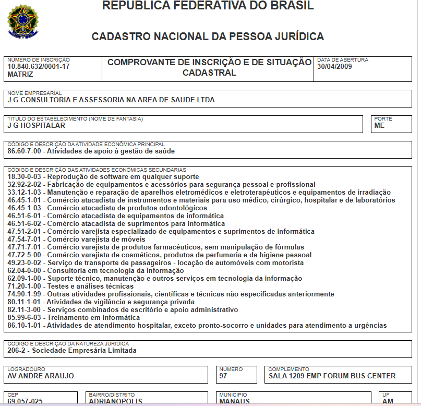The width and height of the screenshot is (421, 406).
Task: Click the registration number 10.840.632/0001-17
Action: [39, 67]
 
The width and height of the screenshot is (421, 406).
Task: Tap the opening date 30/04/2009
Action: [335, 67]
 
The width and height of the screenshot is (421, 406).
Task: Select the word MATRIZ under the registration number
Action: [20, 75]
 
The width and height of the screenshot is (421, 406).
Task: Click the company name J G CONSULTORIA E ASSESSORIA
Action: [111, 100]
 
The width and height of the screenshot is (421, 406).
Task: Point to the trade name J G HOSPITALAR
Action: [37, 126]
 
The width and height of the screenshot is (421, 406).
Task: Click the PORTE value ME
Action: [379, 126]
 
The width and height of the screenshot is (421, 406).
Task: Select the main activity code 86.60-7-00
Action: [25, 151]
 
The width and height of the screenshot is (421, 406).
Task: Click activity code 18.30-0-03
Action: [25, 176]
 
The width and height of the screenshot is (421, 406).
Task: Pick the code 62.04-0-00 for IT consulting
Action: [25, 270]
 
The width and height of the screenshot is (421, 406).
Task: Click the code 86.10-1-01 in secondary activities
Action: [25, 325]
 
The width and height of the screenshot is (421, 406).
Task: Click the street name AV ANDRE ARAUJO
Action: [41, 376]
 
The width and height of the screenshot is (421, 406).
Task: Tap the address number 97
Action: [224, 376]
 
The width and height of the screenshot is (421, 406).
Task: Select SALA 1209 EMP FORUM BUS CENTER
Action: [332, 376]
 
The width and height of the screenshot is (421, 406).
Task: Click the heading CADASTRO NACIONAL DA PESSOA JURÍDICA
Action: [208, 37]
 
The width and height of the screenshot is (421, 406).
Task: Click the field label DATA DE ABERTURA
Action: [343, 60]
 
